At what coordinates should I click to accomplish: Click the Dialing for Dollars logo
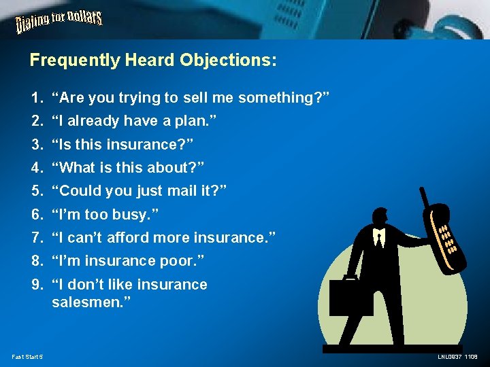[x=59, y=23]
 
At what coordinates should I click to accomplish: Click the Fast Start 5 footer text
[x=27, y=357]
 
